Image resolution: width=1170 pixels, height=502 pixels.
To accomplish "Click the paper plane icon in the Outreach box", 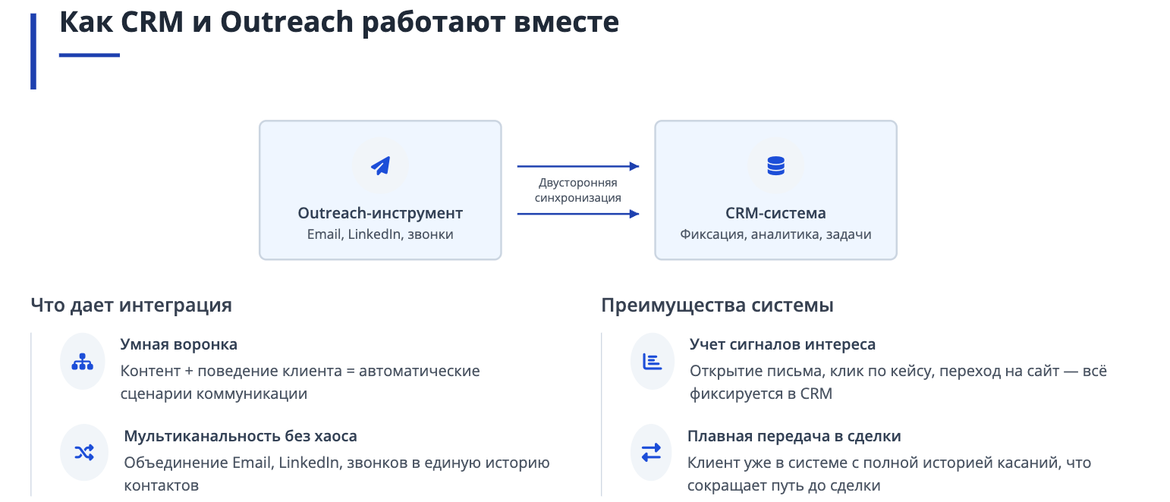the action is pyautogui.click(x=380, y=166).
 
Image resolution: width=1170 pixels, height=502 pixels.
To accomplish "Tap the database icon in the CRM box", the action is pyautogui.click(x=775, y=166).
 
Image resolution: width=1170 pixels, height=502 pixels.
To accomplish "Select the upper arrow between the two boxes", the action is pyautogui.click(x=578, y=167).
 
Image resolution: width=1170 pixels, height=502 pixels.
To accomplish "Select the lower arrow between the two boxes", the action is pyautogui.click(x=578, y=214).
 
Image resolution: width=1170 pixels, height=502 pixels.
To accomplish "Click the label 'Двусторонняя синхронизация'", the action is pyautogui.click(x=577, y=190).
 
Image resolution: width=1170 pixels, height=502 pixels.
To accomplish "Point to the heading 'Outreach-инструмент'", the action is pyautogui.click(x=380, y=213).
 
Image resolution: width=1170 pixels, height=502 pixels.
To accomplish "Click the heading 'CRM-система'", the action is pyautogui.click(x=775, y=213).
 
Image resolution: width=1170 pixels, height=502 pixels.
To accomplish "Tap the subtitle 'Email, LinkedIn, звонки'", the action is pyautogui.click(x=380, y=234).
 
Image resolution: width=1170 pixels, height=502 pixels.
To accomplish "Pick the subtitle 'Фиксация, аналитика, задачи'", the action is pyautogui.click(x=775, y=234).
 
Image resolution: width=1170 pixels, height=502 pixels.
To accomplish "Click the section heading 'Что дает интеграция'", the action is pyautogui.click(x=131, y=306).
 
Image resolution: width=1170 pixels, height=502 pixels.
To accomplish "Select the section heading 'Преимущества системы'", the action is pyautogui.click(x=717, y=306).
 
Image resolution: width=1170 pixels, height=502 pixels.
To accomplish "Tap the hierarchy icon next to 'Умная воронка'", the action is pyautogui.click(x=83, y=361).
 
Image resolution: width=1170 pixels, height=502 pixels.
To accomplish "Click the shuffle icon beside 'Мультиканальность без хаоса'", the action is pyautogui.click(x=84, y=453).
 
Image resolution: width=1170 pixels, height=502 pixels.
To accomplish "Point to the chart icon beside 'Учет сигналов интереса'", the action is pyautogui.click(x=653, y=361).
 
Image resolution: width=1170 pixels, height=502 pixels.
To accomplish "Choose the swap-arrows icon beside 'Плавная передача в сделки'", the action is pyautogui.click(x=651, y=453).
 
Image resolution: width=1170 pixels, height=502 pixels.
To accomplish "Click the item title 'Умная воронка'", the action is pyautogui.click(x=178, y=344).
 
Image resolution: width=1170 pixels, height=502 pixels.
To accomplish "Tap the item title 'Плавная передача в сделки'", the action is pyautogui.click(x=794, y=436).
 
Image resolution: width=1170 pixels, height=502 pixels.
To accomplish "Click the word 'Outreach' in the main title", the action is pyautogui.click(x=287, y=22).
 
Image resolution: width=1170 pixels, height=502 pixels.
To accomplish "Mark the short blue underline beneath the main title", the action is pyautogui.click(x=90, y=55).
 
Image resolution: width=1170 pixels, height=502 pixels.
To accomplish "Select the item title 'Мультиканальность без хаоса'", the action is pyautogui.click(x=241, y=436).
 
